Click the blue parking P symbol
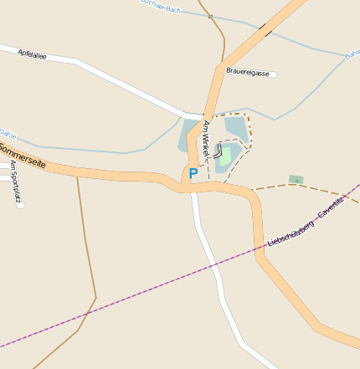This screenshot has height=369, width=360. (193, 173)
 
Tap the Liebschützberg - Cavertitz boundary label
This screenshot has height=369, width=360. (306, 222)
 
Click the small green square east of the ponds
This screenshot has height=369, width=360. (296, 179)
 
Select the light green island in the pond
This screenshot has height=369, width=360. (226, 156)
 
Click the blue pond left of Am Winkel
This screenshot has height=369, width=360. (188, 136)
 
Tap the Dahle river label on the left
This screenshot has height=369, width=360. (8, 134)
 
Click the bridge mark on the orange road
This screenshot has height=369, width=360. (266, 30)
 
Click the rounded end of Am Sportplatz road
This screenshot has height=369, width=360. (20, 206)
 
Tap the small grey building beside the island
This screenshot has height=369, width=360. (219, 151)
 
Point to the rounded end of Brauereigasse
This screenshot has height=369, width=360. (274, 74)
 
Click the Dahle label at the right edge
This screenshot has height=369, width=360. (352, 55)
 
